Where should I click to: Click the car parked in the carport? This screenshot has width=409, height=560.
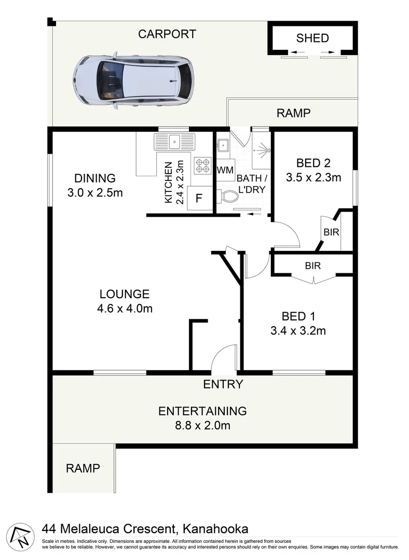pos(133,80)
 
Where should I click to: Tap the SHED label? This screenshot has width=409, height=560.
pos(312,38)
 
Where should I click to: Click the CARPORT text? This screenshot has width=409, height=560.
pos(167,34)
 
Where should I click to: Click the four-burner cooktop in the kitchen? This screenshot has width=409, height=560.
pos(202,165)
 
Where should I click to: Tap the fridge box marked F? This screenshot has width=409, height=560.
pos(198,198)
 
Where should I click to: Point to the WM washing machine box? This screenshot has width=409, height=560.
pos(225,170)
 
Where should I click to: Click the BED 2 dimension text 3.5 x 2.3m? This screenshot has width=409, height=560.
pos(313,178)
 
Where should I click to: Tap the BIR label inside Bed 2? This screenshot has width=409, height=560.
pos(331,232)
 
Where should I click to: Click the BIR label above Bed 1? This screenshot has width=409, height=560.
pos(312,265)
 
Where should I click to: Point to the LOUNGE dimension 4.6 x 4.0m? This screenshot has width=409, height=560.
pos(125,309)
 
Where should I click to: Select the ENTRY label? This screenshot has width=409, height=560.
pos(223,384)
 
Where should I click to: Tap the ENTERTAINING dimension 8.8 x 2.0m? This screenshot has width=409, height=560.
pos(202,426)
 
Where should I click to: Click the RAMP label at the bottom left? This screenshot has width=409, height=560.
pos(83,468)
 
